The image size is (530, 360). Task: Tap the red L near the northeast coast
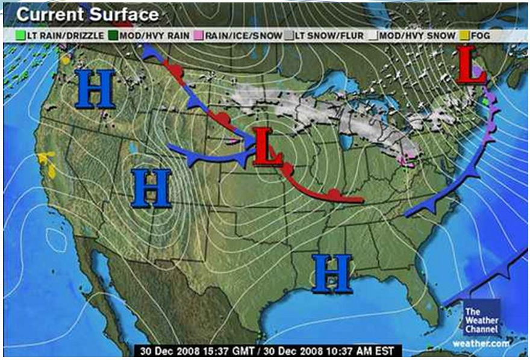pyautogui.click(x=472, y=65)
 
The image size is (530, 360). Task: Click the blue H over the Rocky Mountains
pyautogui.click(x=151, y=188)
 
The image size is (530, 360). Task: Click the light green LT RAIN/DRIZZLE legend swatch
pyautogui.click(x=20, y=36)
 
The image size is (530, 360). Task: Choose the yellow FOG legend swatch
pyautogui.click(x=464, y=36)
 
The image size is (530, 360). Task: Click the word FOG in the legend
pyautogui.click(x=481, y=36)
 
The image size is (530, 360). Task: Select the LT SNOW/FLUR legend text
pyautogui.click(x=332, y=36)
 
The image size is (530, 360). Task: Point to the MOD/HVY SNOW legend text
pyautogui.click(x=416, y=36)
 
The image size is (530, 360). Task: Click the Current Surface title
pyautogui.click(x=87, y=14)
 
